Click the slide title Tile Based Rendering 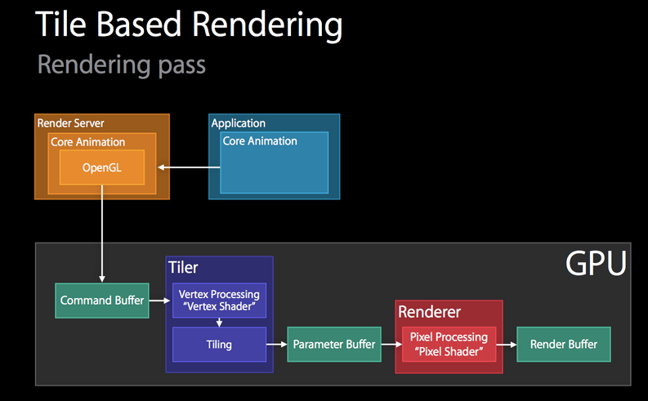tap(188, 26)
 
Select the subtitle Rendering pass tap(122, 65)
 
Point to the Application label tap(239, 123)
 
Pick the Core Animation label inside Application tap(260, 140)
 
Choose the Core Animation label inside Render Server tap(88, 141)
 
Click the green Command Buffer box tap(101, 301)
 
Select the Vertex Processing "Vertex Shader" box tap(219, 300)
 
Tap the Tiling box tap(219, 345)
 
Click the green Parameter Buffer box tap(333, 345)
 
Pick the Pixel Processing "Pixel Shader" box tap(449, 344)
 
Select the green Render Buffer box tap(563, 345)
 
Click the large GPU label tap(596, 264)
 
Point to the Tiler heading tap(183, 268)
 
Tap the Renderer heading tap(429, 312)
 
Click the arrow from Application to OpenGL tap(189, 167)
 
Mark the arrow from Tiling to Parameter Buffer tap(277, 345)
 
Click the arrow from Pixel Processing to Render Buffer tap(507, 345)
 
